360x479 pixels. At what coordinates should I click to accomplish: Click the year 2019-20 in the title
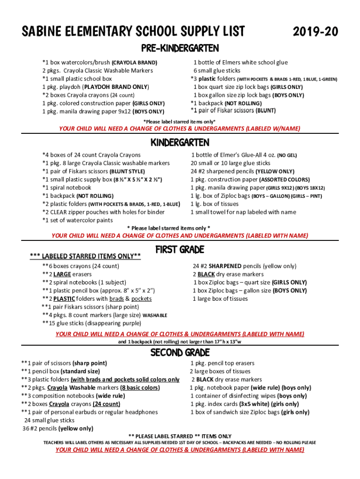click(315, 32)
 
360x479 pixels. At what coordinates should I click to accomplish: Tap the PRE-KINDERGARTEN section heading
click(180, 49)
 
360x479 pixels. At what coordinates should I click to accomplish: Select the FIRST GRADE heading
click(180, 250)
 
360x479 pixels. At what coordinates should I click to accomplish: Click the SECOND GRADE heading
click(180, 352)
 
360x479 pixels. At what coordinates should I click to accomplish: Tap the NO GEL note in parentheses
click(287, 155)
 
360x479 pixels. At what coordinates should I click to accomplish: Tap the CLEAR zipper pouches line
click(103, 212)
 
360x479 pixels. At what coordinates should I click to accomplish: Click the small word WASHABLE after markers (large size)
click(154, 316)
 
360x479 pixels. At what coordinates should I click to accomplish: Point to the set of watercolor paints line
click(78, 220)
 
